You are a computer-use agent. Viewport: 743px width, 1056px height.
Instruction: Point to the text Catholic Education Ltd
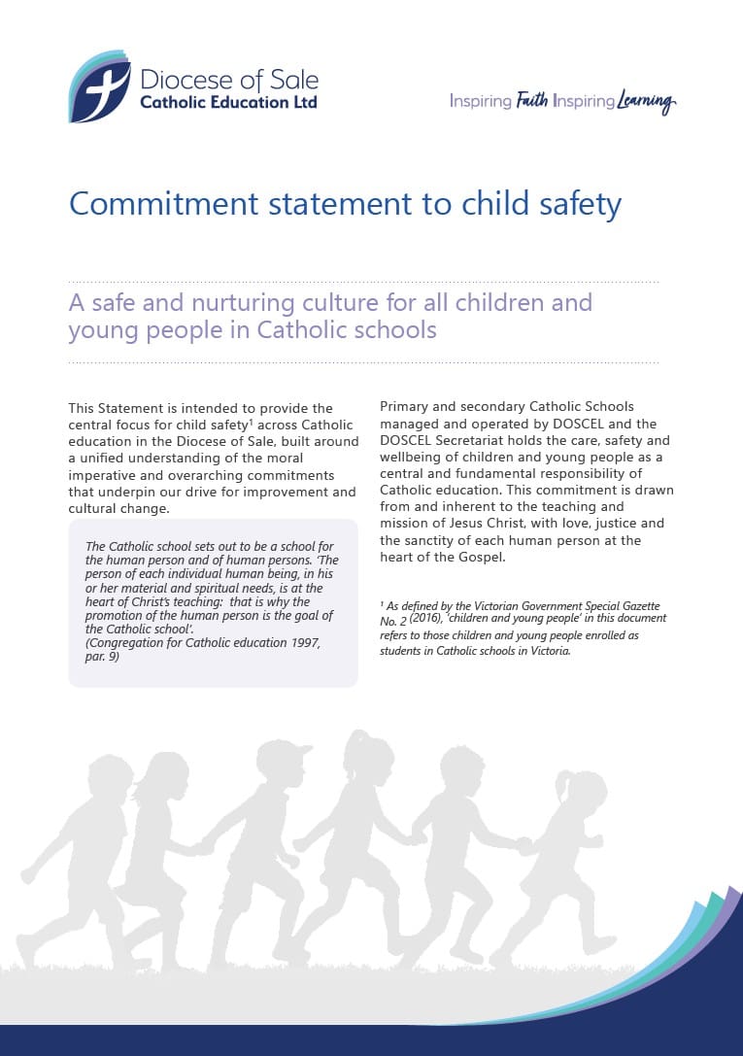click(x=228, y=102)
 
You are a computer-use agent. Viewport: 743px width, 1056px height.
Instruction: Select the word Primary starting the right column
click(x=407, y=406)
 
